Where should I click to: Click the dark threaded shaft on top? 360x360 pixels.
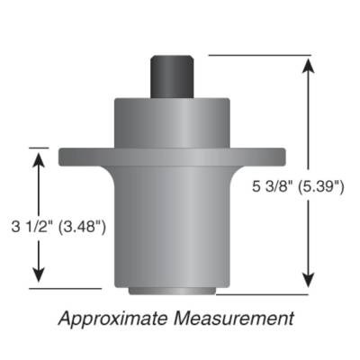pyautogui.click(x=171, y=73)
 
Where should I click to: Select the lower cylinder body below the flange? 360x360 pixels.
pyautogui.click(x=171, y=225)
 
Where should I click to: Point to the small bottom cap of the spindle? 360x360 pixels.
pyautogui.click(x=171, y=291)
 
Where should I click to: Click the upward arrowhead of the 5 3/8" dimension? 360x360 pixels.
pyautogui.click(x=310, y=65)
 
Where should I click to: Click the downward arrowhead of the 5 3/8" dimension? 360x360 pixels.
pyautogui.click(x=310, y=280)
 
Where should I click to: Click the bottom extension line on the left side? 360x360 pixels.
pyautogui.click(x=58, y=288)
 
